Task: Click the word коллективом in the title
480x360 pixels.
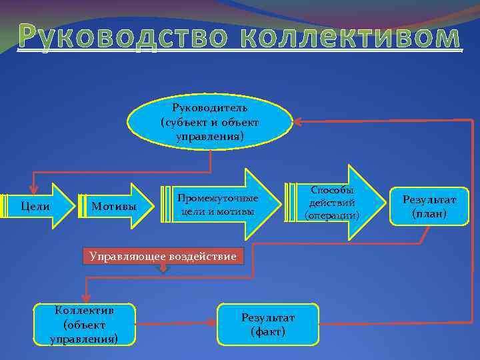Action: pyautogui.click(x=347, y=39)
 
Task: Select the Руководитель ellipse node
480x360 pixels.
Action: pyautogui.click(x=210, y=122)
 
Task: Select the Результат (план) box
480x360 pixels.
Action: pyautogui.click(x=429, y=207)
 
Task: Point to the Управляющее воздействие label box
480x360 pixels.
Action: pyautogui.click(x=164, y=256)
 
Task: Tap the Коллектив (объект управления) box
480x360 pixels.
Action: pyautogui.click(x=85, y=325)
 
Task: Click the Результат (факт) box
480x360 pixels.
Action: pyautogui.click(x=267, y=325)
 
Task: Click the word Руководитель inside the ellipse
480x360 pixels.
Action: pyautogui.click(x=210, y=108)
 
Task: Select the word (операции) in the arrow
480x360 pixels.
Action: pyautogui.click(x=331, y=215)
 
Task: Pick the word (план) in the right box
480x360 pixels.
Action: pyautogui.click(x=429, y=214)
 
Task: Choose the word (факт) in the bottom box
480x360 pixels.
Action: pyautogui.click(x=267, y=331)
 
